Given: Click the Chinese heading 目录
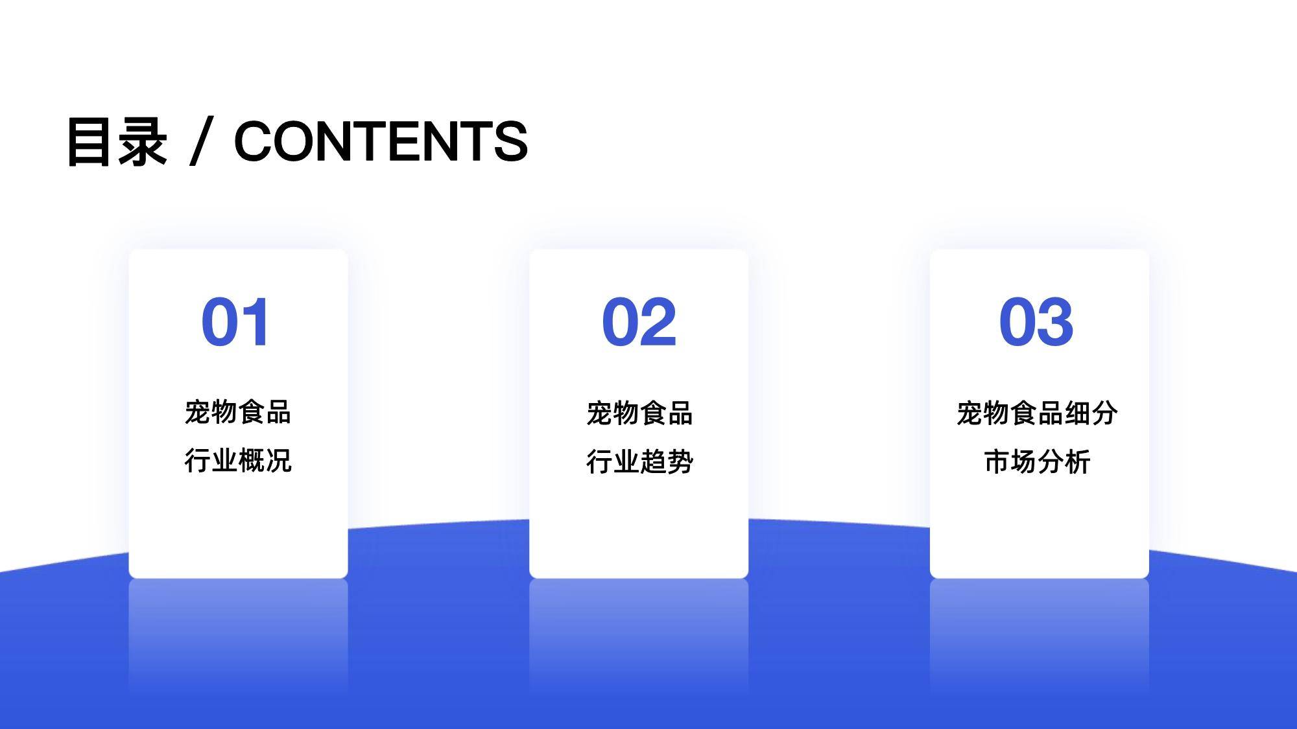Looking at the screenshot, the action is click(x=117, y=141).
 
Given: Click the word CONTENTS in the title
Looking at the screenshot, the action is click(x=381, y=141).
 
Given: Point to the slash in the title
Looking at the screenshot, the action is click(x=202, y=141).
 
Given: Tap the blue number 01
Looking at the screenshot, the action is click(x=235, y=322).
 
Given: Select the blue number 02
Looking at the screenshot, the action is click(x=639, y=322).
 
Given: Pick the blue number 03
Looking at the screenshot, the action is click(x=1036, y=322).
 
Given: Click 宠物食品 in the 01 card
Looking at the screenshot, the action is click(x=238, y=412).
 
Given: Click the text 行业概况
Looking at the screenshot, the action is click(x=238, y=461).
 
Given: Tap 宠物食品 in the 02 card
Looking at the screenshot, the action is click(x=639, y=413).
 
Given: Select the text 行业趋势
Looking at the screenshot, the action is click(x=639, y=462).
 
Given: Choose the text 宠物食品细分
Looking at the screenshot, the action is click(x=1037, y=413).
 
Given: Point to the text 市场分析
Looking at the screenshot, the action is click(x=1037, y=462).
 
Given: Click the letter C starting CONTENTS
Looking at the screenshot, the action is click(x=254, y=141).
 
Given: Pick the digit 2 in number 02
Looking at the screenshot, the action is click(x=658, y=322).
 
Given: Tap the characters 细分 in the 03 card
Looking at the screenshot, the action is click(x=1091, y=413).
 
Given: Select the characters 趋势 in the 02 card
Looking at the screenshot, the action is click(x=667, y=462).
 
